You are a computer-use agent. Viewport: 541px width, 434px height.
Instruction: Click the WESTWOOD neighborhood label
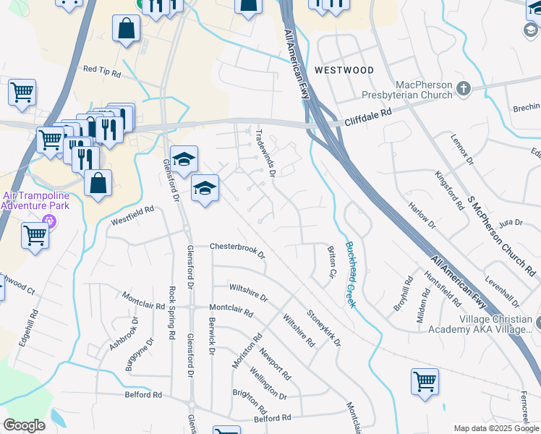(344, 70)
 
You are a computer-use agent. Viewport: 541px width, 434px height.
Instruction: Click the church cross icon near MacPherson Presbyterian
(464, 89)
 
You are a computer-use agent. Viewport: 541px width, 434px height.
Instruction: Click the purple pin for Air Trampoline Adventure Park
(49, 221)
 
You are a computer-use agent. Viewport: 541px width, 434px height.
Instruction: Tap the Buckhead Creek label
(350, 274)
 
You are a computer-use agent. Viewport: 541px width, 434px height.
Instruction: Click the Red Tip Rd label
(101, 69)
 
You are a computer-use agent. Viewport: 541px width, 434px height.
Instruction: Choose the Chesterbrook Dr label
(238, 250)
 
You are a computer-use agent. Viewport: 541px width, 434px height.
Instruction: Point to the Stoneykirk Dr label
(323, 328)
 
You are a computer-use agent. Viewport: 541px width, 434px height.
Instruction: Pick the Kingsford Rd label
(449, 190)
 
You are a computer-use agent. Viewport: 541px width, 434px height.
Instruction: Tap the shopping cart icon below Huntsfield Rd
(425, 380)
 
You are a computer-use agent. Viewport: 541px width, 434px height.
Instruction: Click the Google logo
(24, 425)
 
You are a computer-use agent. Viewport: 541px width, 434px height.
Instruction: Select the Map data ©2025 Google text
(496, 428)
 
